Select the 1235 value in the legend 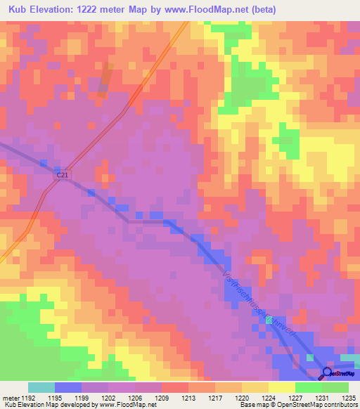pos(349,398)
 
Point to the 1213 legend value pos(188,398)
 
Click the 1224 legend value pos(269,398)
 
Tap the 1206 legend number pos(135,398)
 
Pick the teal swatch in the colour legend pos(41,387)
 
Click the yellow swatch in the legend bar pos(281,387)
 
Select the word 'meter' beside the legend pos(11,398)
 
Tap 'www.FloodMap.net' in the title pos(209,10)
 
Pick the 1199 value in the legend pos(82,398)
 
